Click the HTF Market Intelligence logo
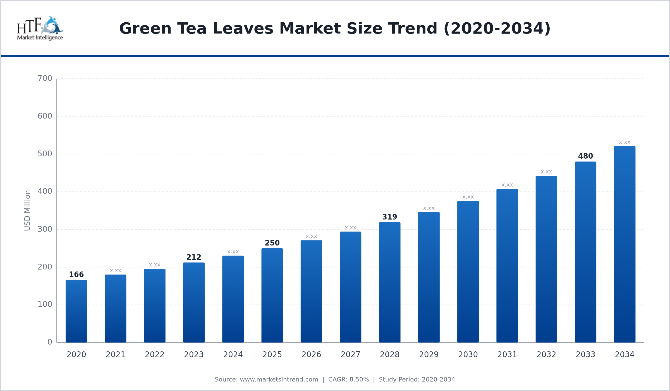(40, 28)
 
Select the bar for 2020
(76, 311)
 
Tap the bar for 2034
(624, 244)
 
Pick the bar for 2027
(350, 287)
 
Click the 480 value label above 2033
(585, 156)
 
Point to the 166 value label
(76, 275)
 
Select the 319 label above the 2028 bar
(389, 217)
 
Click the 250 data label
(272, 243)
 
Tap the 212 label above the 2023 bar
(194, 257)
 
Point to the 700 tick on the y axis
(45, 78)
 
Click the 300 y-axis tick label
(45, 229)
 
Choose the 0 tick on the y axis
(50, 342)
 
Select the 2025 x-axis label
(272, 355)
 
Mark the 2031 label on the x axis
(507, 355)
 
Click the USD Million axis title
(27, 210)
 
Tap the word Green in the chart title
(145, 28)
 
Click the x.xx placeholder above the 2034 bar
(624, 142)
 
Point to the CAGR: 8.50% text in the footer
(348, 380)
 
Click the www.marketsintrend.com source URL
(279, 380)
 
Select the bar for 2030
(468, 272)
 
